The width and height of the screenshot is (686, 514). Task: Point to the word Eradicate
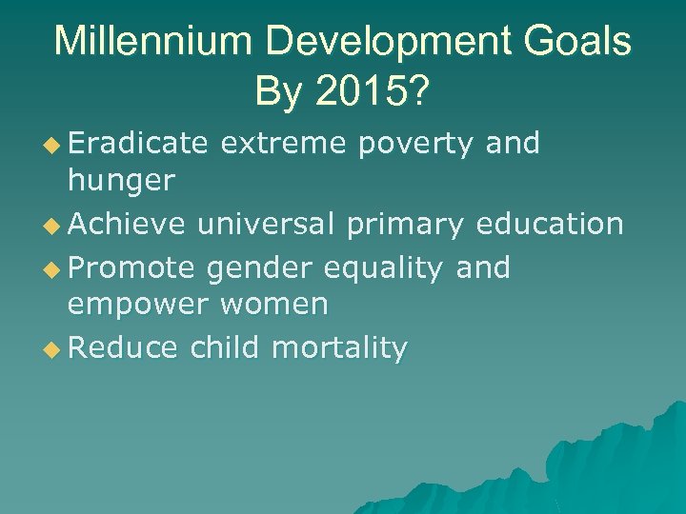[x=138, y=144]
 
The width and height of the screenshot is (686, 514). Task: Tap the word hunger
[x=121, y=181]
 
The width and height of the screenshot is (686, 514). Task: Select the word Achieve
[x=129, y=225]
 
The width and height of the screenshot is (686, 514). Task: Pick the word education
[x=551, y=225]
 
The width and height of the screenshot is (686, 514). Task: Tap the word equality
[x=384, y=268]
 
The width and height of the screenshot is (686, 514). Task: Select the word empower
[x=139, y=305]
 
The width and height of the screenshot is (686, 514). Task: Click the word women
[x=275, y=305]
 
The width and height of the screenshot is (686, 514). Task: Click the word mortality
[x=339, y=348]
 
